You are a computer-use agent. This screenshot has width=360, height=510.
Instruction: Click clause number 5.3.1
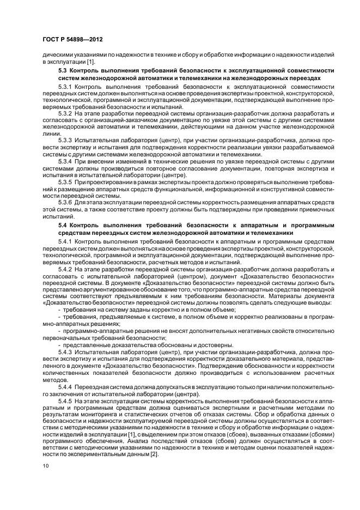(66, 87)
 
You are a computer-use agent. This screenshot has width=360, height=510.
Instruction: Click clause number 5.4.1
(66, 241)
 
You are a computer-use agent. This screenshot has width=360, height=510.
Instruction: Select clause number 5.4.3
(66, 350)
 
